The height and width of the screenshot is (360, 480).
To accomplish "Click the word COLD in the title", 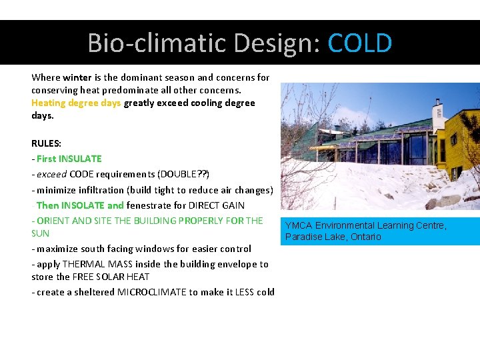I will [x=360, y=43].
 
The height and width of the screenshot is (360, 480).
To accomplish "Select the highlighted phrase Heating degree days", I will [x=76, y=103].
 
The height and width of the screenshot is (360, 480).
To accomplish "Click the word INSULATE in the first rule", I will [x=80, y=159].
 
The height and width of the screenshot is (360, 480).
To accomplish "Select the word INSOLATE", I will [x=83, y=205].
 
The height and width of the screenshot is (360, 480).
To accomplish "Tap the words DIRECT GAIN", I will [x=217, y=205].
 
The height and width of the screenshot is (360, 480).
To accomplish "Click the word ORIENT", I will [x=53, y=221].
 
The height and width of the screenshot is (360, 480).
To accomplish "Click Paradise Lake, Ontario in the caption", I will [x=333, y=237].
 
